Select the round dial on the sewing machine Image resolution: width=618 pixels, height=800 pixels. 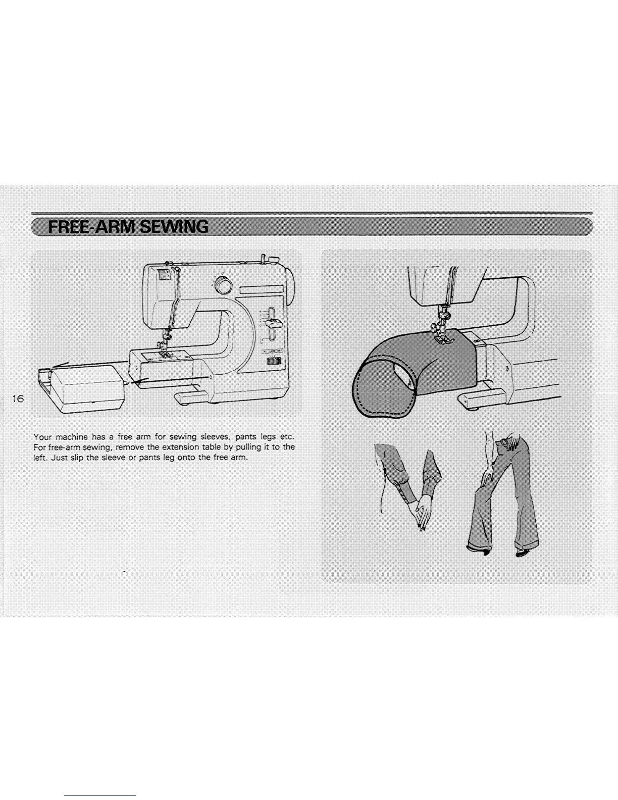click(222, 285)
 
